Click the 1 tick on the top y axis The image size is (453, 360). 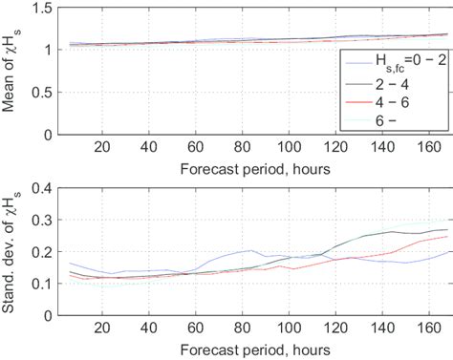[44, 51]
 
